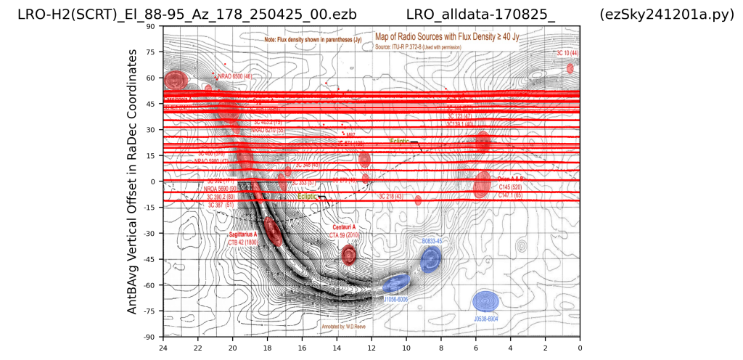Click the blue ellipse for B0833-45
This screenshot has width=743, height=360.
coord(431,258)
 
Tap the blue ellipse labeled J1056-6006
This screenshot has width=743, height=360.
coord(396,284)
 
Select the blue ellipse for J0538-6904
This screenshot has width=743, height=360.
coord(485,301)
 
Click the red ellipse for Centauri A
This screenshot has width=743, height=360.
coord(349,254)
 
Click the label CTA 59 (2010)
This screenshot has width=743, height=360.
coord(345,235)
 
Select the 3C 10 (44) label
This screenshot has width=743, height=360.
coord(567,53)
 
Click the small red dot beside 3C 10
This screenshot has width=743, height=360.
coord(570,68)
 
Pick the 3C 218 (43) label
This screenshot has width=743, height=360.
coord(391,196)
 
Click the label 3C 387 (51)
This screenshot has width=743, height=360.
coord(221,205)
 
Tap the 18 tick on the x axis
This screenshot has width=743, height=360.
coord(268,348)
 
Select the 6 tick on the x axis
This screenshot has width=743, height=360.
coord(476,348)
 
